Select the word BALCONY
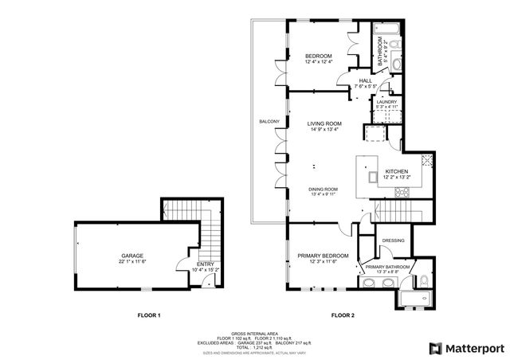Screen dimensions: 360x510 [269, 121]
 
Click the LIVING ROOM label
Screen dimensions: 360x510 [324, 123]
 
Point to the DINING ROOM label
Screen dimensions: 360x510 [324, 189]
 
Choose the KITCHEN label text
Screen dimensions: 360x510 [396, 172]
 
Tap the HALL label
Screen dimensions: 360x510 [365, 80]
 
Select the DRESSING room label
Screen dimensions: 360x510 [393, 240]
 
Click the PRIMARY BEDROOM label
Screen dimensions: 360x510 [323, 256]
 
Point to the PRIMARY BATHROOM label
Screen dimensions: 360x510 [388, 267]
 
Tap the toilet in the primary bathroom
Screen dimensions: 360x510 [424, 280]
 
